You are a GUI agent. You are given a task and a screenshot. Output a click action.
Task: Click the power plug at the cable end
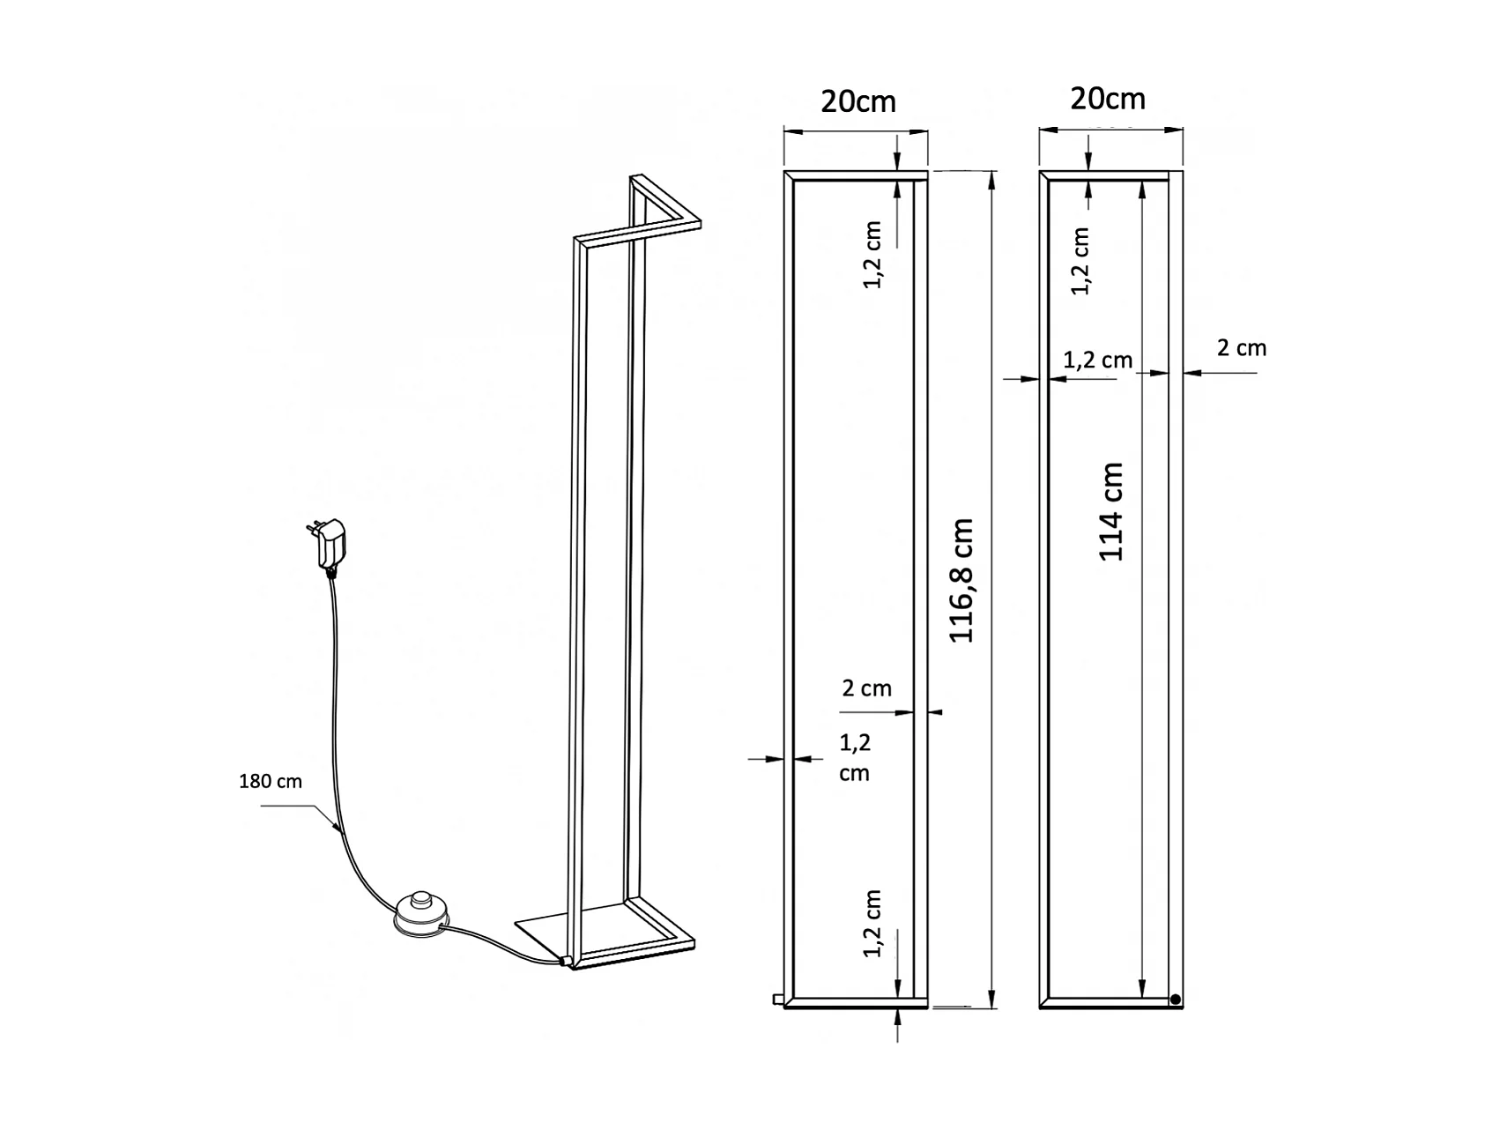click(x=330, y=543)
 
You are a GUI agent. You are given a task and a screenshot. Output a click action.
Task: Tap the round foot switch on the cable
click(x=419, y=911)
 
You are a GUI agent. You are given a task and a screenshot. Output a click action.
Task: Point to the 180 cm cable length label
click(x=271, y=781)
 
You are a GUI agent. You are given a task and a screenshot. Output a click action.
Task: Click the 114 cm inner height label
click(x=1111, y=511)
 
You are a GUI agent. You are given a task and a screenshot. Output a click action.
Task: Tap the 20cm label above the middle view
click(x=857, y=101)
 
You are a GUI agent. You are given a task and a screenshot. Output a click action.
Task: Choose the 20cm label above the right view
click(x=1108, y=99)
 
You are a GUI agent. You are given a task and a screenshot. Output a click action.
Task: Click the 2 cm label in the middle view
click(x=866, y=688)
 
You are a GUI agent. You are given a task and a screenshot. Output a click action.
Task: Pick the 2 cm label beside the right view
click(x=1241, y=348)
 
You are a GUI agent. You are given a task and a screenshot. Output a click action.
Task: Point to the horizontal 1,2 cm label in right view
click(x=1097, y=360)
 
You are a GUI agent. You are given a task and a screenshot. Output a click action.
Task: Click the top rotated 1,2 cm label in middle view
click(x=872, y=255)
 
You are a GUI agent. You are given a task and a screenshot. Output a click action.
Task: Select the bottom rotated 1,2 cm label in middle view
click(x=872, y=924)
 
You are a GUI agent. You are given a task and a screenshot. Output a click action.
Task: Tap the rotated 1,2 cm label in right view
click(x=1081, y=261)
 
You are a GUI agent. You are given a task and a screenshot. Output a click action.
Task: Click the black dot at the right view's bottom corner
click(x=1175, y=1000)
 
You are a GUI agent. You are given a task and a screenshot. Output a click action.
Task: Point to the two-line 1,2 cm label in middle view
click(x=854, y=757)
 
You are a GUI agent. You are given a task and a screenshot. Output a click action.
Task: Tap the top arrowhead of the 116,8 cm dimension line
click(x=993, y=177)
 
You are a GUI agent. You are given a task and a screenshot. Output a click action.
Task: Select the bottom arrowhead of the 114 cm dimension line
click(x=1143, y=989)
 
